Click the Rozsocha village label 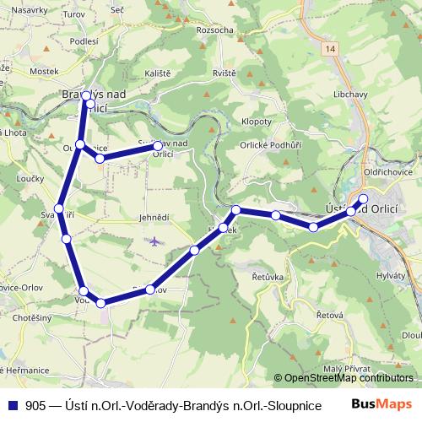(214, 30)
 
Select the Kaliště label (157, 73)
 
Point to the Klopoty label (257, 122)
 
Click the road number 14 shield (330, 51)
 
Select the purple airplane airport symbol (153, 241)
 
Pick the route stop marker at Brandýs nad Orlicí (86, 95)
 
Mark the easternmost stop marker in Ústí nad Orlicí (363, 199)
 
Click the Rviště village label (225, 73)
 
